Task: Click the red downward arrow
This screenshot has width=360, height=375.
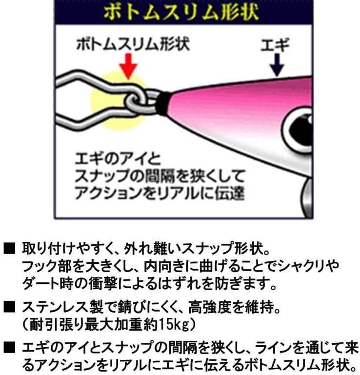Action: [128, 66]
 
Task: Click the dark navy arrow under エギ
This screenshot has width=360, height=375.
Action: [277, 65]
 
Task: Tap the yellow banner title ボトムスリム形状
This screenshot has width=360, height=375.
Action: [181, 12]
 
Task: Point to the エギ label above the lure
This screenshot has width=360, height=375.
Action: [275, 45]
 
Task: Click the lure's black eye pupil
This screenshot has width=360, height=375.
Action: [301, 130]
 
